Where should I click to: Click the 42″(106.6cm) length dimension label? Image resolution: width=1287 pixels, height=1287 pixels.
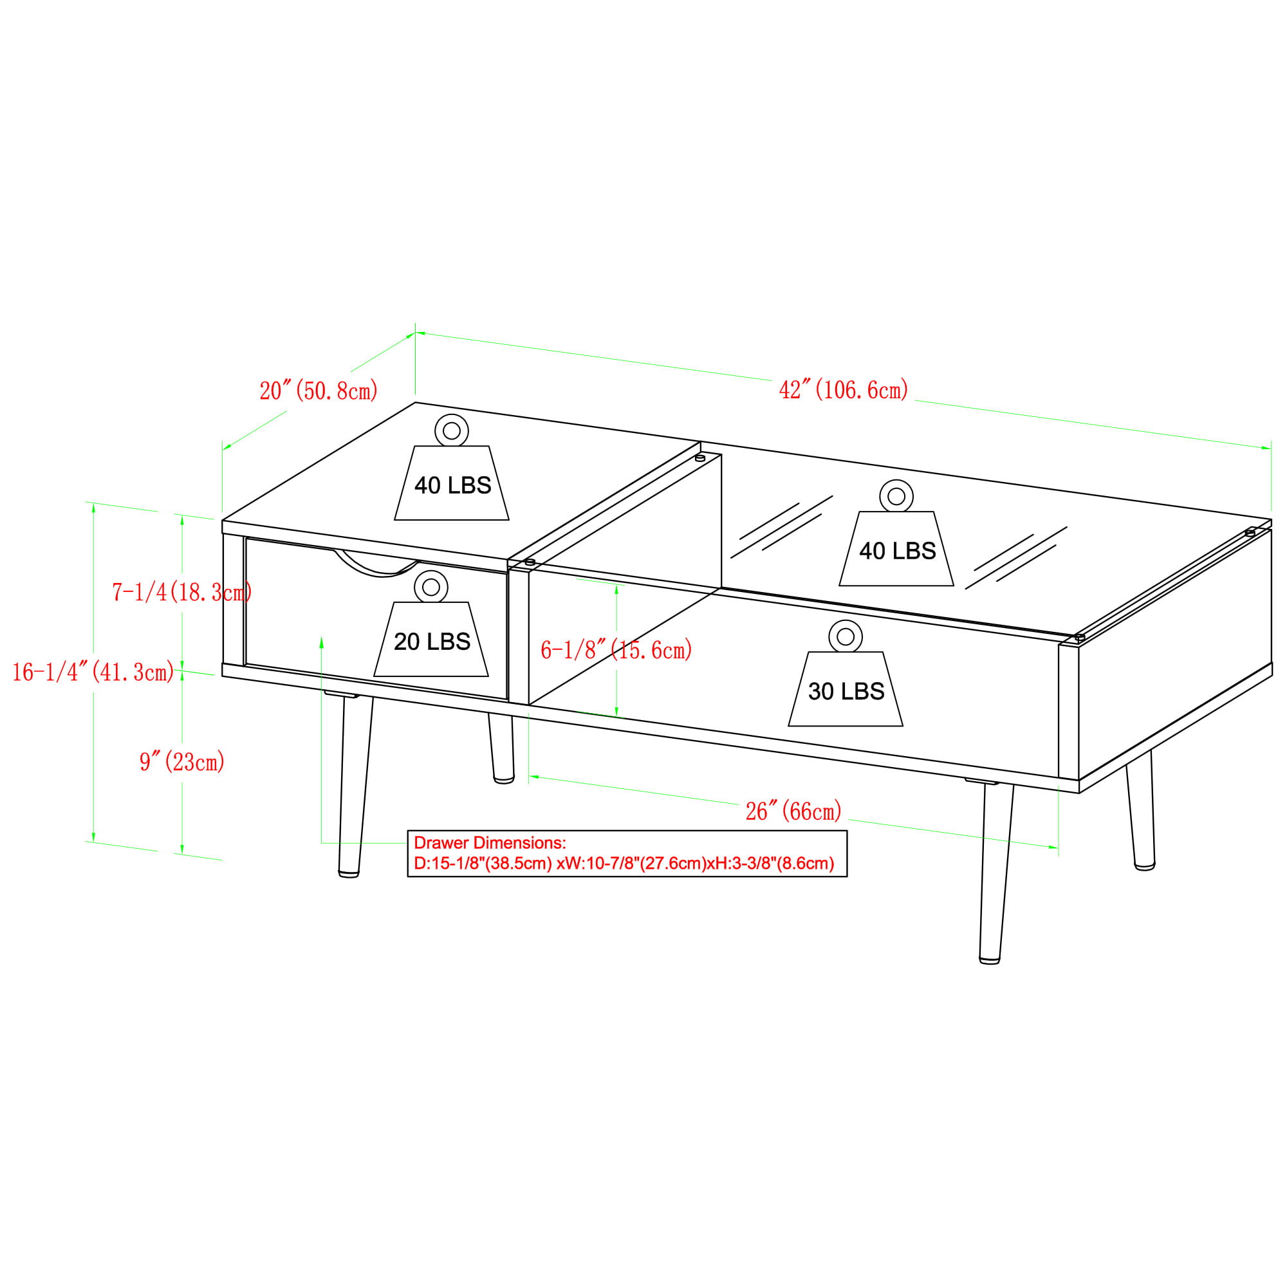844,390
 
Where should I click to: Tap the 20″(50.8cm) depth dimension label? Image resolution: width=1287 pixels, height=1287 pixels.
319,391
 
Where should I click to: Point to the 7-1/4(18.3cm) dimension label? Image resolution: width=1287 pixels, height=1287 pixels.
182,591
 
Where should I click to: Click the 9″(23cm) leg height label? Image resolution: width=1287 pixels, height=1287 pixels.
182,761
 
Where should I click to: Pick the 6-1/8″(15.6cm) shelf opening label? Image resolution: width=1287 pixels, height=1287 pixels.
616,649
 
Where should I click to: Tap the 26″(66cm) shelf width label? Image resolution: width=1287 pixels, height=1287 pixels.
793,811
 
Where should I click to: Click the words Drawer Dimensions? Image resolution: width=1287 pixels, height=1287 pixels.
490,843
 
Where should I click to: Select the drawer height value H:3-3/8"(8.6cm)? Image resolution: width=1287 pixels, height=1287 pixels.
774,864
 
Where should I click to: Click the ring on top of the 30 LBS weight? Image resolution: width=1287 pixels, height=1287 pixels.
846,637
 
